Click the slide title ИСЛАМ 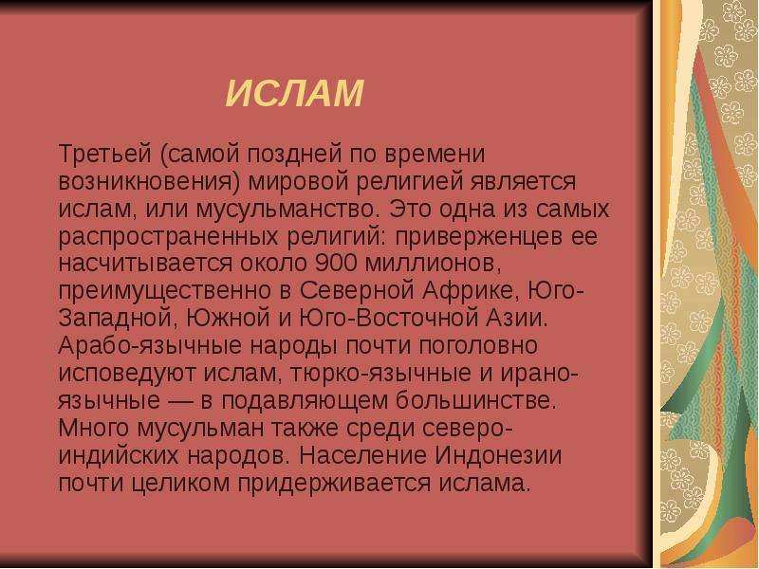[x=295, y=93]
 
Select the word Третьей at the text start [x=105, y=154]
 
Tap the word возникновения [x=150, y=182]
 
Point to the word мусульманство [x=286, y=210]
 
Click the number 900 [x=336, y=263]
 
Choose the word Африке [x=468, y=291]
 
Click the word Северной [x=358, y=291]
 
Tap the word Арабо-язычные [x=150, y=345]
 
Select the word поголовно [x=478, y=346]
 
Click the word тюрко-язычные [x=380, y=374]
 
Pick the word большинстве [x=475, y=401]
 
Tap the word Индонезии [x=498, y=456]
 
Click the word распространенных [x=169, y=237]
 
